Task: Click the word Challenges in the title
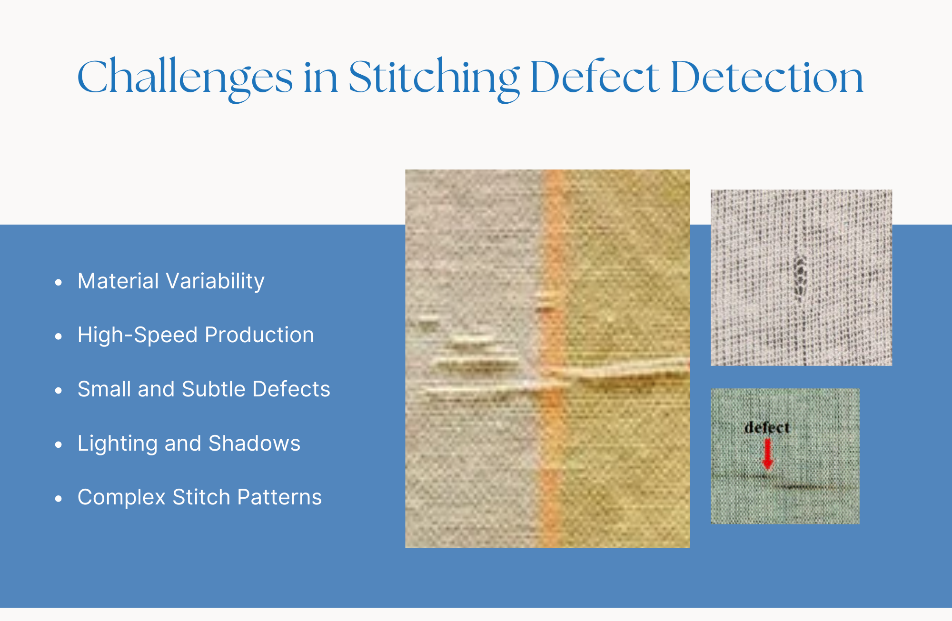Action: point(185,78)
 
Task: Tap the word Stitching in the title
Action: point(434,78)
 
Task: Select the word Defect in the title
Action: point(595,77)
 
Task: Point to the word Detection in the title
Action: point(767,77)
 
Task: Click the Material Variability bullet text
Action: point(171,281)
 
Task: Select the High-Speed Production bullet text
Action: point(196,335)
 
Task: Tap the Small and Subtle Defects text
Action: point(204,389)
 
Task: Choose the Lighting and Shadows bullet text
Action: point(189,444)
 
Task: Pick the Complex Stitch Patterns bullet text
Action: point(199,497)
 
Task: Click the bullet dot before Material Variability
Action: point(59,283)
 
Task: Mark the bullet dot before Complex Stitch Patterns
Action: point(59,499)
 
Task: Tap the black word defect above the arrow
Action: point(767,427)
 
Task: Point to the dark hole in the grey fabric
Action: point(801,276)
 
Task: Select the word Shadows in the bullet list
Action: point(255,444)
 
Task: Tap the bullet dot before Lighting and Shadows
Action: point(59,445)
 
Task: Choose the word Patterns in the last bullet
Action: point(279,497)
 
